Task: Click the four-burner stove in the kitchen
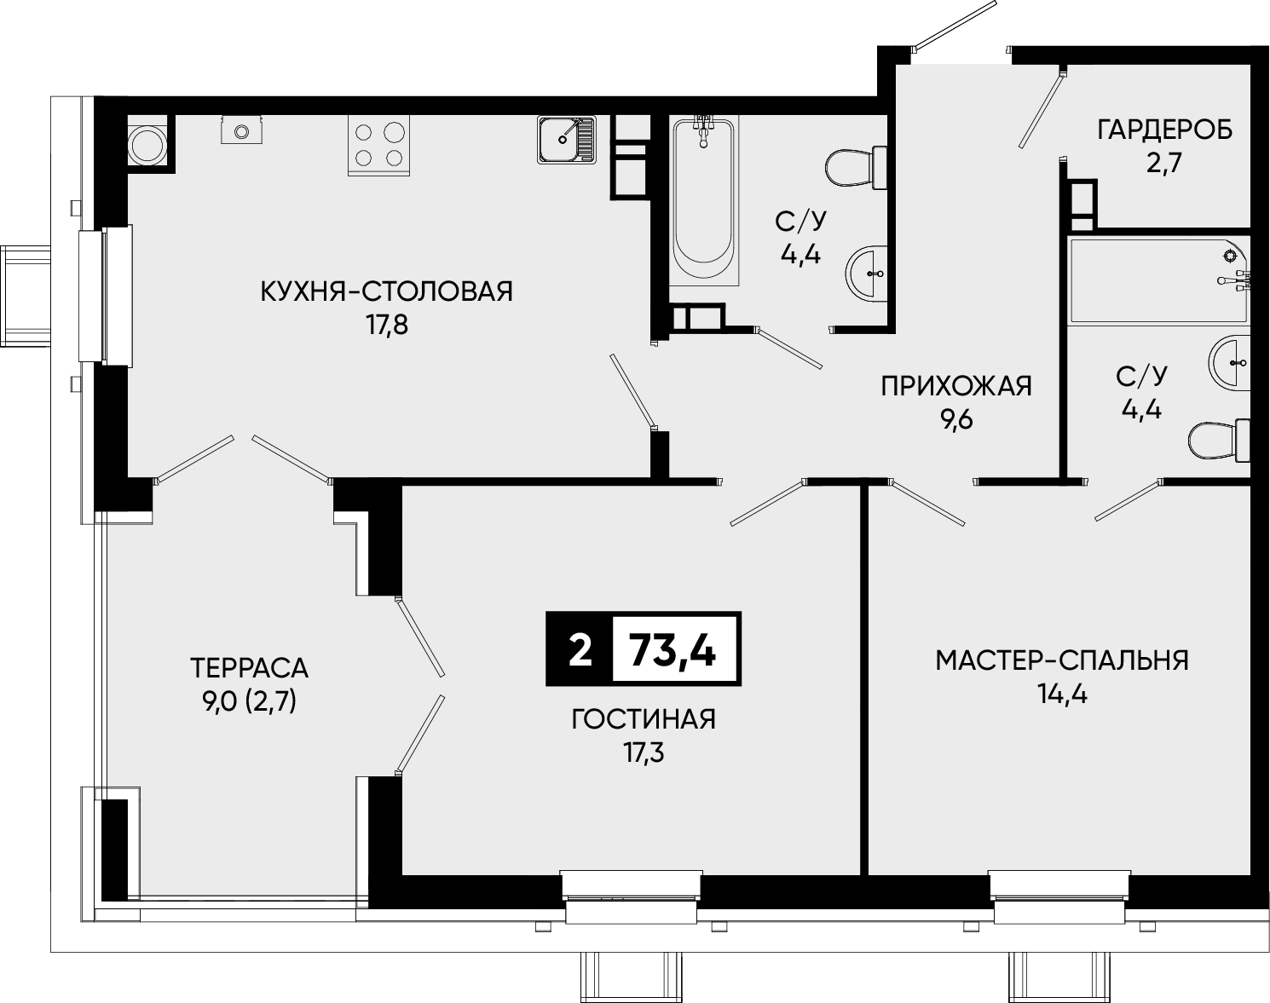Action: (x=378, y=145)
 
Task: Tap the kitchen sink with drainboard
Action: (x=566, y=140)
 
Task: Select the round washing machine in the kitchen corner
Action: (x=147, y=144)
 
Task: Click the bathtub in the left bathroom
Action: (x=703, y=200)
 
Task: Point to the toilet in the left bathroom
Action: (x=857, y=168)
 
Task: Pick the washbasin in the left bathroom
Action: (x=867, y=274)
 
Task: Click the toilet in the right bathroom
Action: (x=1219, y=441)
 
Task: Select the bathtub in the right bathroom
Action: (x=1160, y=281)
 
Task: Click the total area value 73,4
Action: (x=673, y=649)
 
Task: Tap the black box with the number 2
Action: (x=580, y=649)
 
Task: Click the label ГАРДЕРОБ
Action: (x=1165, y=130)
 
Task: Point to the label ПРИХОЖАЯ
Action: (x=956, y=386)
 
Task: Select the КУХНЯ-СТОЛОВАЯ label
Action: (x=387, y=291)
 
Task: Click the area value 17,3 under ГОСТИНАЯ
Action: (x=644, y=753)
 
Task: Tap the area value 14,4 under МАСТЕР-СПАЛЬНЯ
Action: (x=1062, y=695)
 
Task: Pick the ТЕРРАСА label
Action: (x=249, y=668)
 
